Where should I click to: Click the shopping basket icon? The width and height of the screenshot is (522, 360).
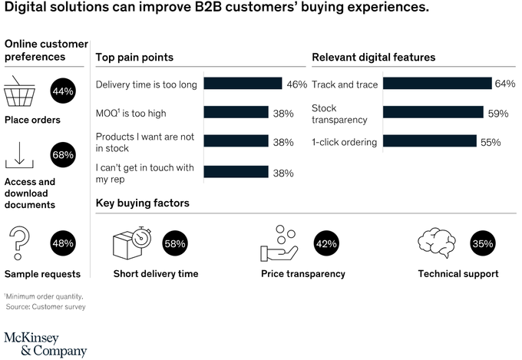[x=21, y=94]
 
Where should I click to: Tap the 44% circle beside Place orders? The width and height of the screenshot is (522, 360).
[x=63, y=92]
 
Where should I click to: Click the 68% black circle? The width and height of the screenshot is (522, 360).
[x=63, y=155]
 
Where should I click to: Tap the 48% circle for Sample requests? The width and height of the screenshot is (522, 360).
[x=63, y=243]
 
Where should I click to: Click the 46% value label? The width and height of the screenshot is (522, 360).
[x=296, y=84]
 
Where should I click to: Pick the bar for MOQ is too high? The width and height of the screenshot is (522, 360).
[x=236, y=113]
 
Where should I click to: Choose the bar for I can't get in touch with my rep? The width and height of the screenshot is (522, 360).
[x=236, y=173]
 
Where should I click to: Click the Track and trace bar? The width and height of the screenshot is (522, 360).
[x=436, y=84]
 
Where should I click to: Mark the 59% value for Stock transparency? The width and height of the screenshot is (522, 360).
[x=498, y=114]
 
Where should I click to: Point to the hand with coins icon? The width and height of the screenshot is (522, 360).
[x=278, y=243]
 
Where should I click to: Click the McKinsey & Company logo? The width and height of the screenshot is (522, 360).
[x=45, y=343]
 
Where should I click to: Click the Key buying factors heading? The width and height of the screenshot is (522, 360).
[x=142, y=203]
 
